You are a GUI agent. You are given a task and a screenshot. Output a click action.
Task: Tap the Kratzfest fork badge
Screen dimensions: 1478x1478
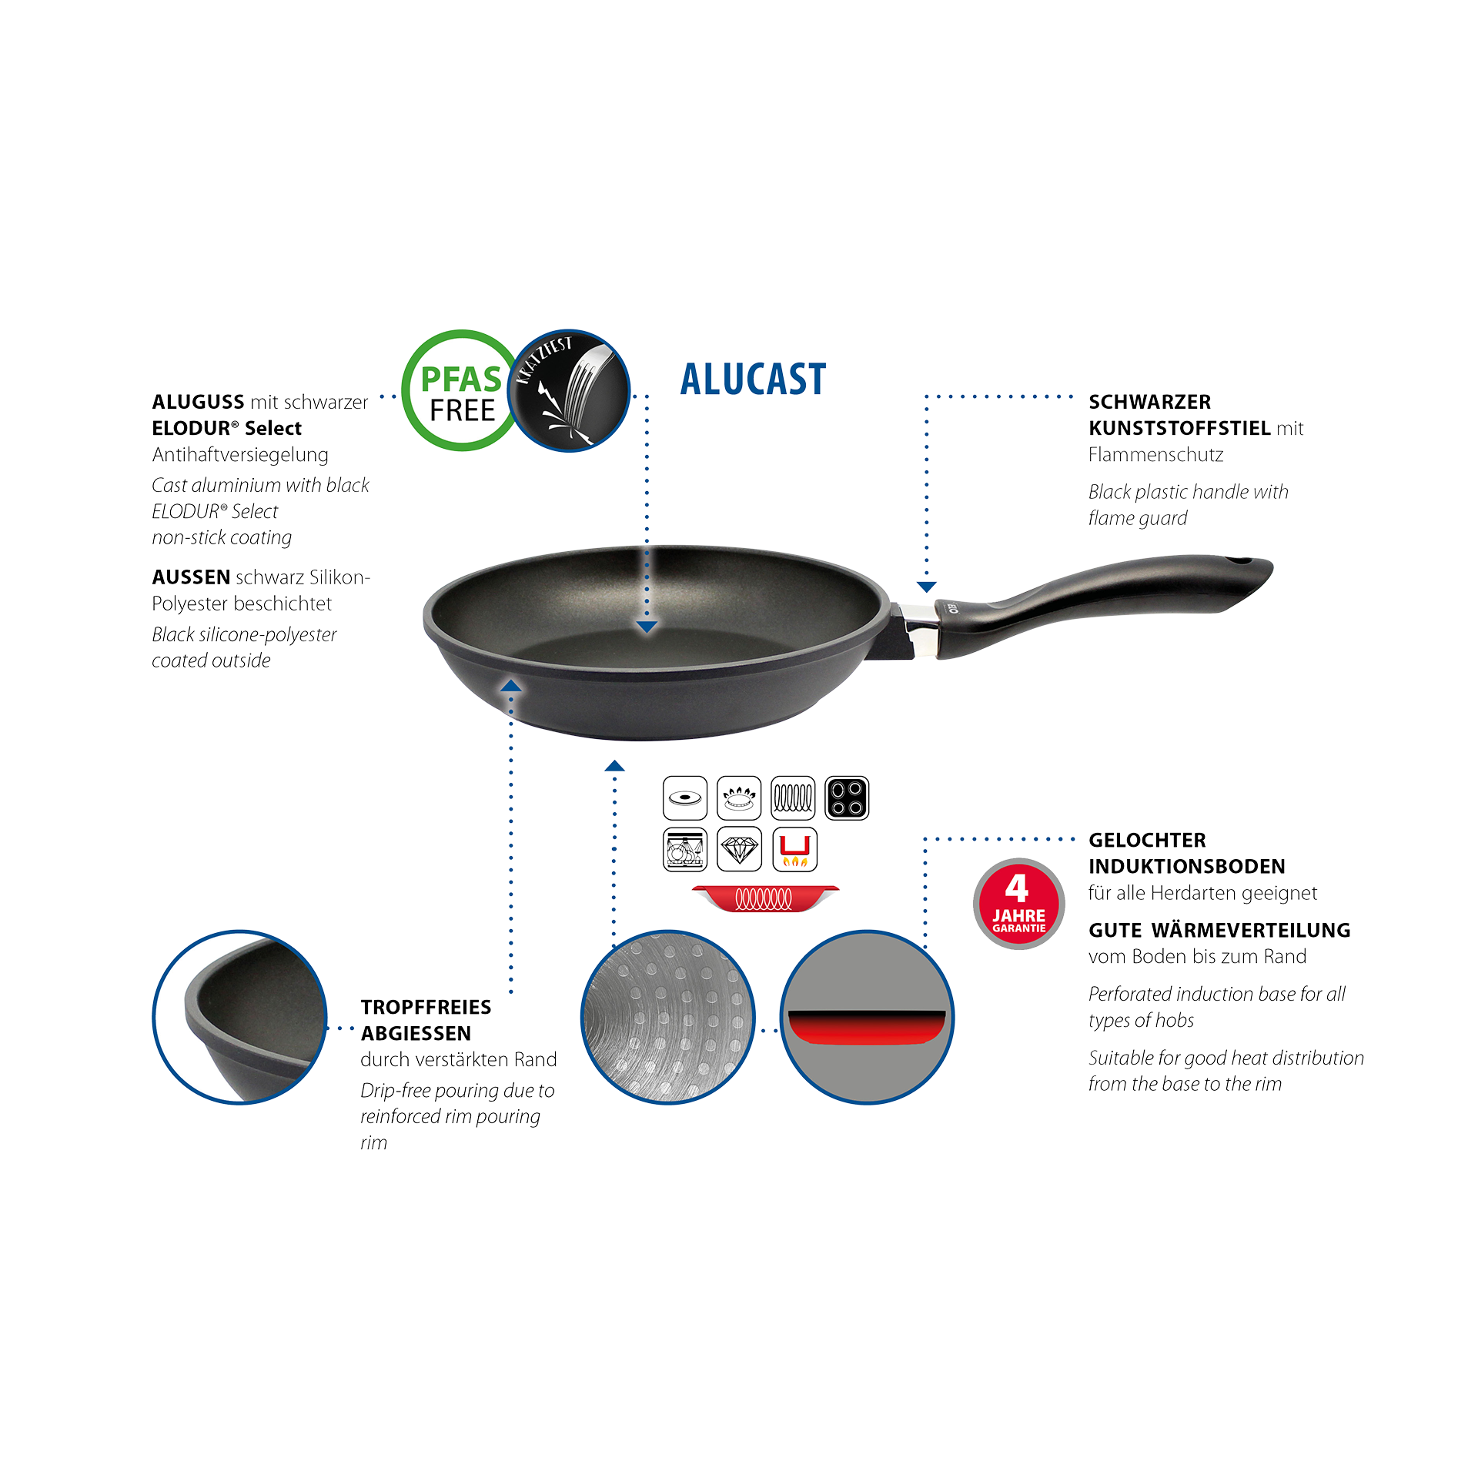[x=569, y=390]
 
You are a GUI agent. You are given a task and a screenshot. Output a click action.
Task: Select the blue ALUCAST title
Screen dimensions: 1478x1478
[x=753, y=380]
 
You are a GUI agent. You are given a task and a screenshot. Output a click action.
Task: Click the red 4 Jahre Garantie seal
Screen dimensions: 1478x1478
[x=1018, y=904]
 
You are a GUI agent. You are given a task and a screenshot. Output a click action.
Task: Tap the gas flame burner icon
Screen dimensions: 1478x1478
[x=739, y=798]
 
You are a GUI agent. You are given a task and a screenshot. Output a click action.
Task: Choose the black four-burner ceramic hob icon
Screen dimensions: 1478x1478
[x=847, y=798]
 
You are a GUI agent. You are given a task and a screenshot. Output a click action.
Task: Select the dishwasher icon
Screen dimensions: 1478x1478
[x=685, y=850]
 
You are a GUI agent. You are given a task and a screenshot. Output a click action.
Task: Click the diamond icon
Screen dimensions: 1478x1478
[x=739, y=850]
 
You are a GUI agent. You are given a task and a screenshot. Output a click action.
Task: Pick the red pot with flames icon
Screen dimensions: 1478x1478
[x=794, y=850]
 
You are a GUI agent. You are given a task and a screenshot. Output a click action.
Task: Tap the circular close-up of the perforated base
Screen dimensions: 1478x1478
[x=667, y=1017]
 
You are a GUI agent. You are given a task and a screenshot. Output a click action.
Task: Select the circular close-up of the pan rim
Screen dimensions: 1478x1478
[x=240, y=1017]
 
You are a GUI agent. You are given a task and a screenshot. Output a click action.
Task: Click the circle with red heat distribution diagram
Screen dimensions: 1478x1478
[x=867, y=1017]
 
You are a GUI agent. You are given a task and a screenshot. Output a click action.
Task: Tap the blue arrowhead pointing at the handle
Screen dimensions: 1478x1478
[x=926, y=587]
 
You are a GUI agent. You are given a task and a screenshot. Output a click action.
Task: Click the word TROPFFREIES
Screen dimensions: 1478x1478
[x=426, y=1007]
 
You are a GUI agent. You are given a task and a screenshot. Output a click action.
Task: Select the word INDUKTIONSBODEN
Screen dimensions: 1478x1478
[x=1186, y=866]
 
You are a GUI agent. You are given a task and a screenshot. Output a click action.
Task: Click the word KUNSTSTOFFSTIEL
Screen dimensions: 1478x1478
[x=1179, y=428]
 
